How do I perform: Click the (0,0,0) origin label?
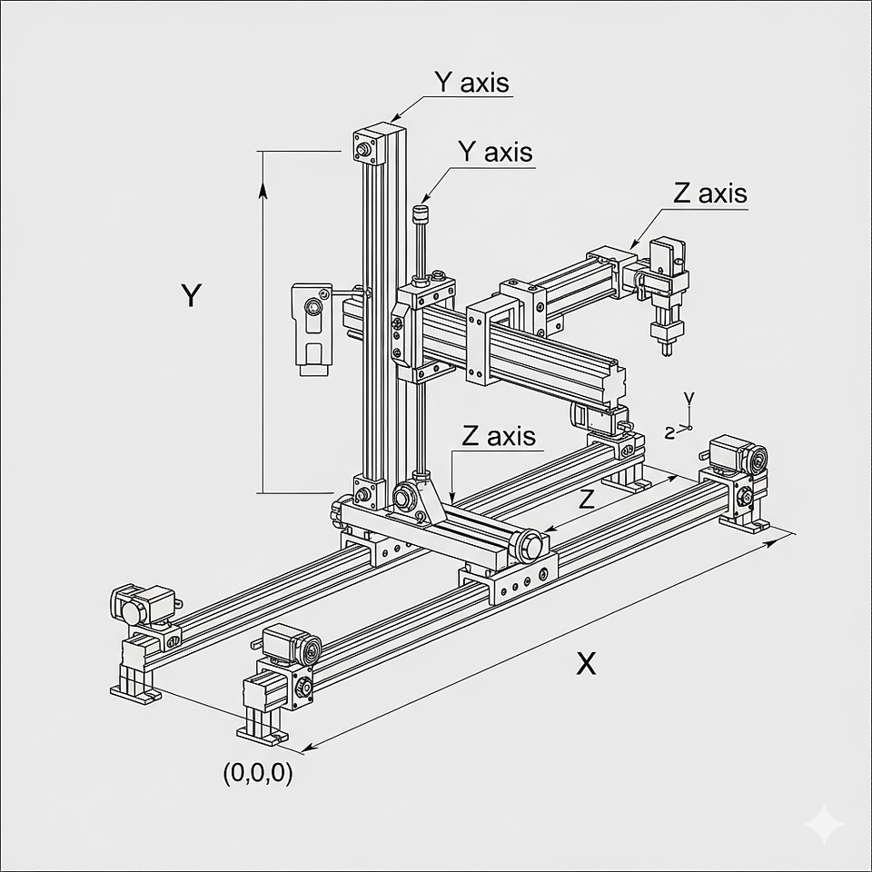pos(258,774)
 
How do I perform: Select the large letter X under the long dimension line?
pos(587,664)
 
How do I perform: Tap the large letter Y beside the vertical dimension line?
pos(190,296)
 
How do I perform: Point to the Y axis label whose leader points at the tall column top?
pos(471,83)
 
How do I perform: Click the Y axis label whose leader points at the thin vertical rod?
pos(495,152)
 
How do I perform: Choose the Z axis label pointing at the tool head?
pos(710,193)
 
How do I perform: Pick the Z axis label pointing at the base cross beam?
pos(499,436)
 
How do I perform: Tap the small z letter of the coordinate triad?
pos(669,432)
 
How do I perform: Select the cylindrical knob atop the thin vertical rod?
pos(420,216)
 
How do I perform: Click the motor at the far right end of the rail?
pos(738,454)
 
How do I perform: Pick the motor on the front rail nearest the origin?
pos(291,647)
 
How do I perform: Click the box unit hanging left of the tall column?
pos(310,324)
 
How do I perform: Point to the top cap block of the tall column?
pos(378,145)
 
